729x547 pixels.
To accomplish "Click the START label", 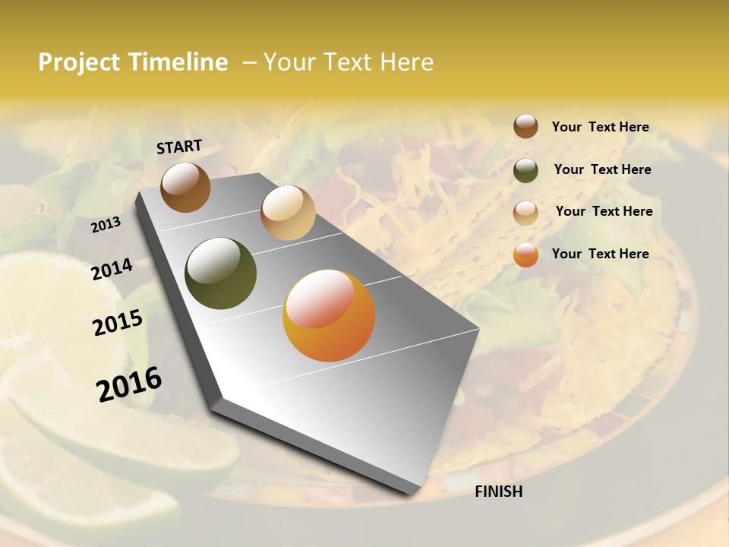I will (179, 147).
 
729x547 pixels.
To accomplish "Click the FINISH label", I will (498, 492).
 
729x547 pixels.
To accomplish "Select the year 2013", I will (106, 224).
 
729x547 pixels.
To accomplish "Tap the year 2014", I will (112, 270).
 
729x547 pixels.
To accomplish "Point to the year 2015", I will (118, 323).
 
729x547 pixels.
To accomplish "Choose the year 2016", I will (129, 384).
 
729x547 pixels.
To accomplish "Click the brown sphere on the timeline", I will (185, 187).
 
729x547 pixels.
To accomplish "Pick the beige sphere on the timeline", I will (288, 213).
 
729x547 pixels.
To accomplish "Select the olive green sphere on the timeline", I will (220, 273).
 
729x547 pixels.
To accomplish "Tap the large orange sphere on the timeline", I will (329, 315).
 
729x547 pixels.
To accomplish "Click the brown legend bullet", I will (525, 126).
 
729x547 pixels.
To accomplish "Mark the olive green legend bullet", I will (525, 170).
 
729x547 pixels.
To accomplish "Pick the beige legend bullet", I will (525, 213).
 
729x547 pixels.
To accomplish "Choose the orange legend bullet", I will (525, 255).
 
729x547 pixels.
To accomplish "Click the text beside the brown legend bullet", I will (600, 127).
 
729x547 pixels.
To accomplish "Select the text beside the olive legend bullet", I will (602, 169).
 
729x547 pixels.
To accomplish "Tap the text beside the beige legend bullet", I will (604, 211).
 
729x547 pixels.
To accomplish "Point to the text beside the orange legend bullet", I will (600, 254).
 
